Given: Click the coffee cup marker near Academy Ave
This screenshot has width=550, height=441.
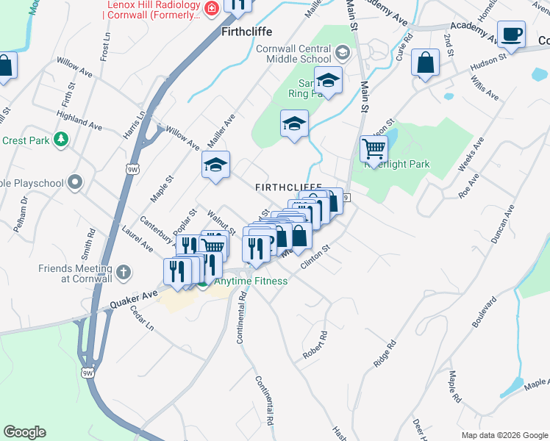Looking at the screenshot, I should click(511, 34).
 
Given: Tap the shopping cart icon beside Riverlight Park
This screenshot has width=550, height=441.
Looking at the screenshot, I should click(374, 149).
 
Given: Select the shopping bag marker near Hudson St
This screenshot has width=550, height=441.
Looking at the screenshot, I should click(426, 63).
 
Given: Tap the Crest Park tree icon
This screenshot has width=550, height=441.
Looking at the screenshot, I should click(63, 140).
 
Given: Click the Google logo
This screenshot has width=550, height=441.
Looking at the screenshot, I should click(24, 432).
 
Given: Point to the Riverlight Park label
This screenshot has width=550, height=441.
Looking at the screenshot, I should click(397, 164).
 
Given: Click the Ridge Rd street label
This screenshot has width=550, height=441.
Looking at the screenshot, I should click(385, 354).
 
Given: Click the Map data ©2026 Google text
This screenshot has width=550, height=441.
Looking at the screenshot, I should click(504, 434).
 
